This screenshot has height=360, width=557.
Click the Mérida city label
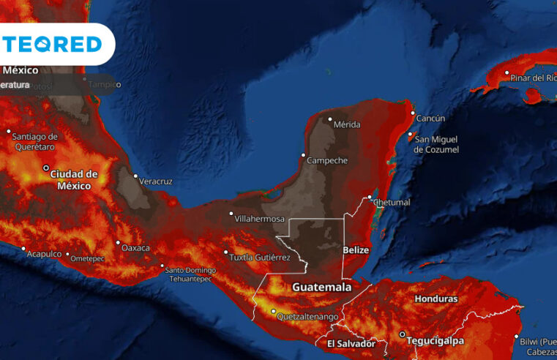(x=347, y=124)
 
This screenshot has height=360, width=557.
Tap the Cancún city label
(x=430, y=118)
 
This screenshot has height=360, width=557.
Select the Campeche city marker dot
(x=304, y=154)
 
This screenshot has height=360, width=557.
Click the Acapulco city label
(x=44, y=253)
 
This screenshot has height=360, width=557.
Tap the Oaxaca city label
(x=136, y=248)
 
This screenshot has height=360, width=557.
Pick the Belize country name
(x=356, y=250)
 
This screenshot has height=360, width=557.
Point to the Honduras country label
(x=435, y=299)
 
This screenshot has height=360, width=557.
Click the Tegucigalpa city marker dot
(x=401, y=334)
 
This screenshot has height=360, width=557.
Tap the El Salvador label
(x=351, y=343)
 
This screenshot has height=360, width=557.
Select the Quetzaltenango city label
(x=307, y=317)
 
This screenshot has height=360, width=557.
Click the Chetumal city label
(x=393, y=202)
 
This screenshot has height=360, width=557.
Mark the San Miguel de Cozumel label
(x=436, y=144)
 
